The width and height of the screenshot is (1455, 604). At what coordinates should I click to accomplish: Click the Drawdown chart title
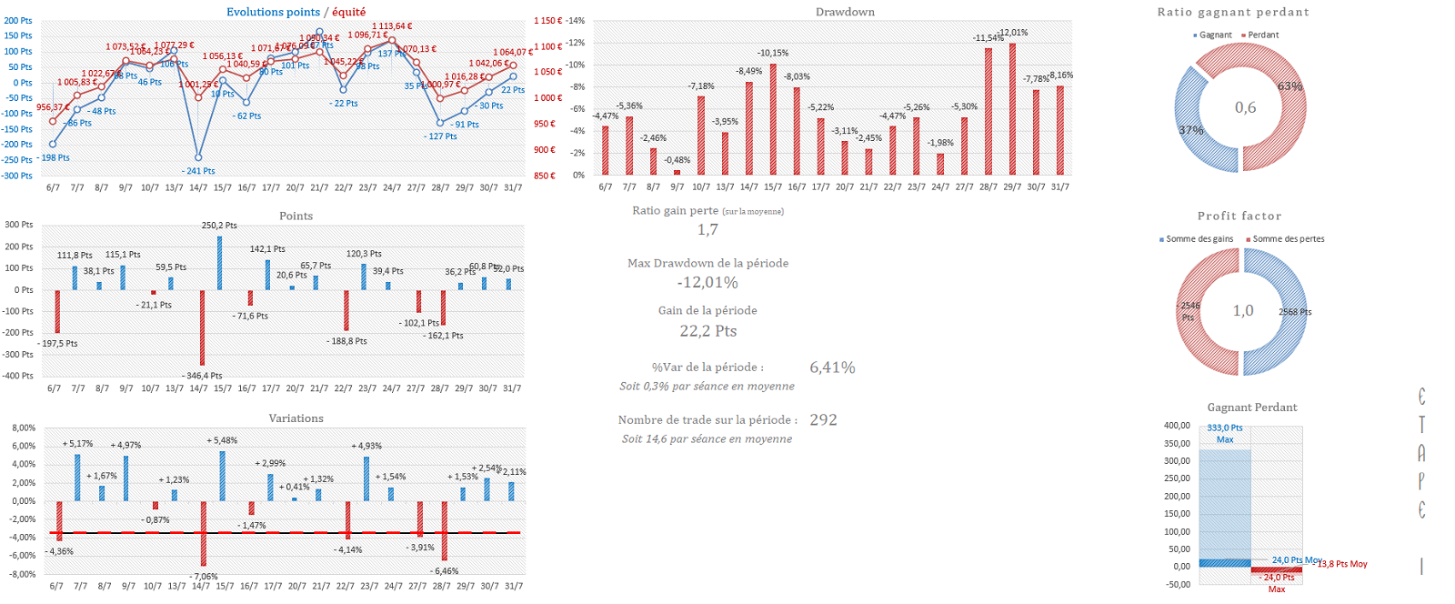coord(845,12)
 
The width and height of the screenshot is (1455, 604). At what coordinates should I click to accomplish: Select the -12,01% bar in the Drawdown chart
coord(1012,109)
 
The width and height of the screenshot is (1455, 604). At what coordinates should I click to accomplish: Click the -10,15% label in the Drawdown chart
coord(773,53)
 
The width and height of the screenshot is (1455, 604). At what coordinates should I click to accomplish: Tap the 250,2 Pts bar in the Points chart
coord(219,263)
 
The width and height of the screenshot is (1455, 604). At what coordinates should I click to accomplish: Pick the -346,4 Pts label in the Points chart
coord(204,375)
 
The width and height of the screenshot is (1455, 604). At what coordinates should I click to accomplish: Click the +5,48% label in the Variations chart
coord(222,440)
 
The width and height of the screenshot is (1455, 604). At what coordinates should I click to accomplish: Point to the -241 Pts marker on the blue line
coord(198,157)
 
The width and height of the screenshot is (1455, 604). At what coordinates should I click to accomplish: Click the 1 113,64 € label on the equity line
coord(392,26)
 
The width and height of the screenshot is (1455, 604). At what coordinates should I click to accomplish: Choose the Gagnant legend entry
coord(1215,35)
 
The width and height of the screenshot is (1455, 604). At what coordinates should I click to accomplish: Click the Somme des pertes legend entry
coord(1288,239)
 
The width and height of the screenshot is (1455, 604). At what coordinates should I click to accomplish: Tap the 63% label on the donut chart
coord(1289,86)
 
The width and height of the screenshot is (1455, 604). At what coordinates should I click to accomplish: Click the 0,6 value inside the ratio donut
coord(1245,107)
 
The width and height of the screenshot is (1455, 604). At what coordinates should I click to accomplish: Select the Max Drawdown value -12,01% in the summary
coord(707,283)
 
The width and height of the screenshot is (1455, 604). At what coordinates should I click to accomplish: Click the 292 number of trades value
coord(823,419)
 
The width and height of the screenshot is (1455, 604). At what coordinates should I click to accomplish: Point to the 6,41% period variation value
coord(832,367)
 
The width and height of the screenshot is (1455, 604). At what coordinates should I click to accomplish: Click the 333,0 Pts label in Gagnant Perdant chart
coord(1224,428)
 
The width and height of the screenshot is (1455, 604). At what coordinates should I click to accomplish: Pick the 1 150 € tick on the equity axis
coord(547,20)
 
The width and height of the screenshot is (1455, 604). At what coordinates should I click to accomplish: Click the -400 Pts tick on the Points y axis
coord(18,376)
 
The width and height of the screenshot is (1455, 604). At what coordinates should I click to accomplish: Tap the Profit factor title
coord(1239,216)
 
